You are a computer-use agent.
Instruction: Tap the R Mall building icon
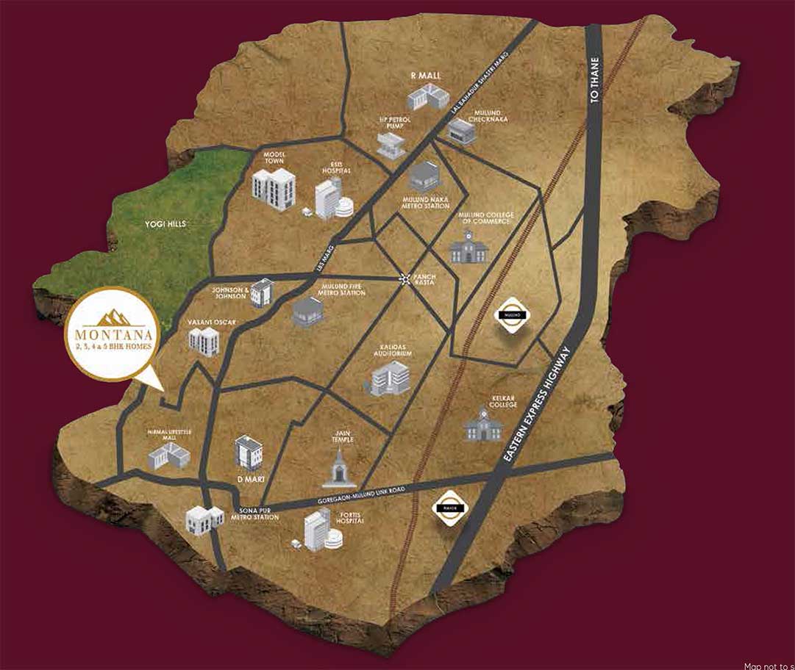pyautogui.click(x=428, y=96)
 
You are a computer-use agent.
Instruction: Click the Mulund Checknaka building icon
pyautogui.click(x=462, y=132)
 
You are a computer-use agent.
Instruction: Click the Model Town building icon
pyautogui.click(x=274, y=189)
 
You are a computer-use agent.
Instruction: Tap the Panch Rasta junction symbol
pyautogui.click(x=405, y=278)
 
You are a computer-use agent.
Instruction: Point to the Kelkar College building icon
pyautogui.click(x=483, y=424)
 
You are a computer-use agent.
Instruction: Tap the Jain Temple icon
pyautogui.click(x=339, y=466)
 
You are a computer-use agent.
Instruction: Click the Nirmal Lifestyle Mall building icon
pyautogui.click(x=168, y=456)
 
